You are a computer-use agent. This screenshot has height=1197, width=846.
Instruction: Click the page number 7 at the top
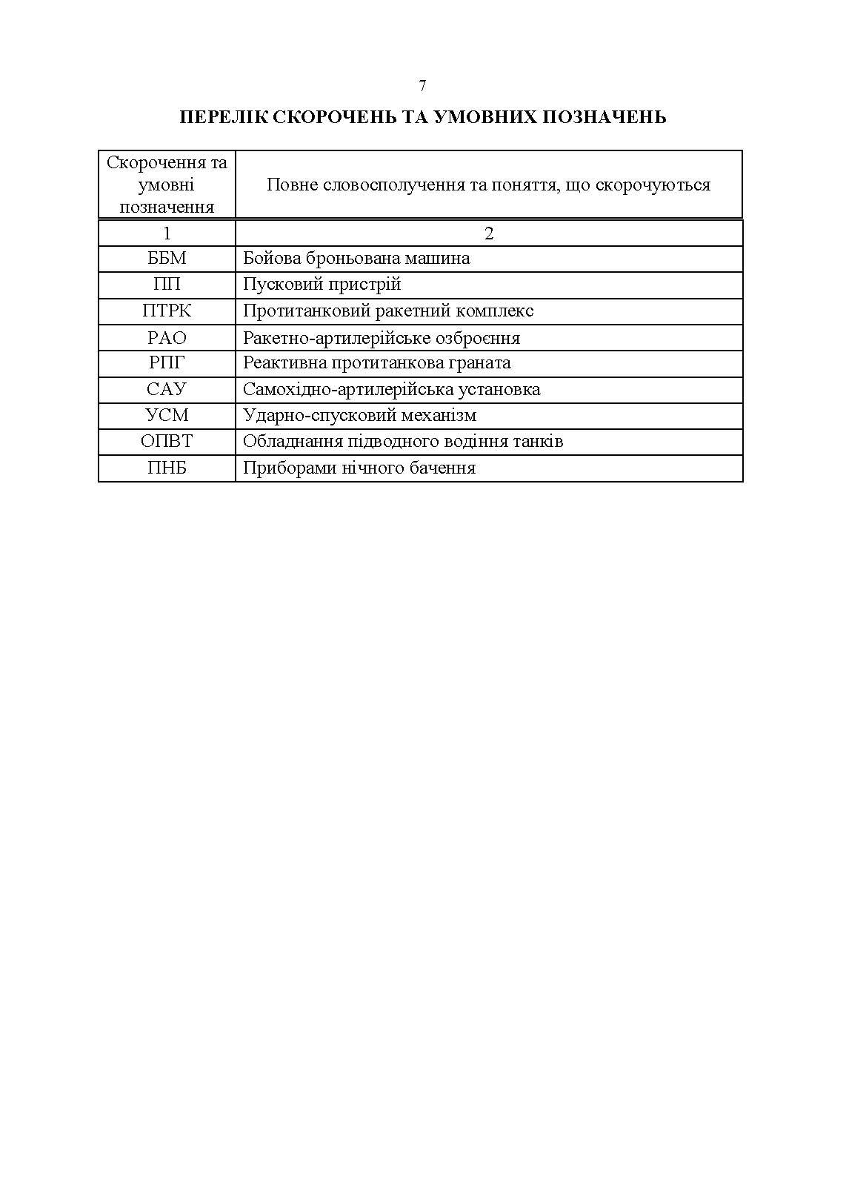coord(422,86)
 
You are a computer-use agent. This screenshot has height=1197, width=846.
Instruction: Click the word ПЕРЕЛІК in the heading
coord(223,117)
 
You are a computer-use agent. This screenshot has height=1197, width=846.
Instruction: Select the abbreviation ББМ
coord(167,259)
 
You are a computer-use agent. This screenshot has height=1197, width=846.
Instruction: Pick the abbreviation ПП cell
coord(167,285)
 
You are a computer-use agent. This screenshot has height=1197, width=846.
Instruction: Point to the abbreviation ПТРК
coord(167,311)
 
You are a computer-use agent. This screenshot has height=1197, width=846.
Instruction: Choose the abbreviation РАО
coord(167,338)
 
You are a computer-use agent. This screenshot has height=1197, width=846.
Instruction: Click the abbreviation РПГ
coord(167,363)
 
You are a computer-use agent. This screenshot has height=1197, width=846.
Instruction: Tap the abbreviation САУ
coord(167,390)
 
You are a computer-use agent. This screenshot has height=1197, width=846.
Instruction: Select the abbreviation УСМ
coord(167,416)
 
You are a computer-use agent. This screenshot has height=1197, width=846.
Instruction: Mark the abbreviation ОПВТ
coord(167,442)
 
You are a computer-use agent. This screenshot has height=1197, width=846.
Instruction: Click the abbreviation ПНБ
coord(167,468)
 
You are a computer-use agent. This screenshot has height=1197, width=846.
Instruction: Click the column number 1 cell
coord(167,233)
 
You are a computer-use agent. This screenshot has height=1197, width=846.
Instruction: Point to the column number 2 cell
coord(489,233)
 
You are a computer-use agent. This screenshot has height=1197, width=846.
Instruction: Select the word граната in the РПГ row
coord(483,363)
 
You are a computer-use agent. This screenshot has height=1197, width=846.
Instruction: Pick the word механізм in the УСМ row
coord(442,416)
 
